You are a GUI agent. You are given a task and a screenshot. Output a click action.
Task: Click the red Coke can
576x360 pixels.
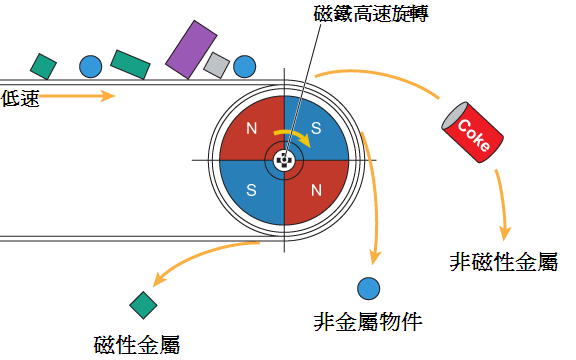[x=472, y=132]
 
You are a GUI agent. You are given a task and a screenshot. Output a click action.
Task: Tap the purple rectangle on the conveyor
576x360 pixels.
[x=191, y=50]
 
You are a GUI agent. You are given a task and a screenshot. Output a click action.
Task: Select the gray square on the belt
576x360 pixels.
[x=216, y=65]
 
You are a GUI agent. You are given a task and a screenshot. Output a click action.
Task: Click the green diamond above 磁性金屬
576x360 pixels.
[x=143, y=305]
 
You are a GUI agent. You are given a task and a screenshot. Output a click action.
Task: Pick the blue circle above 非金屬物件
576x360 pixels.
[x=368, y=288]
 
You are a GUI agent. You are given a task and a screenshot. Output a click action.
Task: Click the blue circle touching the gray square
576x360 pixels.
[x=245, y=66]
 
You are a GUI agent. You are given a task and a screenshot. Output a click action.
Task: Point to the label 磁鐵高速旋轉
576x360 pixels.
[x=371, y=14]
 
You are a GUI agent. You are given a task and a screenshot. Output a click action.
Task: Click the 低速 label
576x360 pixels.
[x=20, y=98]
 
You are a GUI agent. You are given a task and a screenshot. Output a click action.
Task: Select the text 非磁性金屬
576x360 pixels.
[x=504, y=262]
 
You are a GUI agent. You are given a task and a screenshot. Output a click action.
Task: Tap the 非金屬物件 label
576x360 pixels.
[x=368, y=322]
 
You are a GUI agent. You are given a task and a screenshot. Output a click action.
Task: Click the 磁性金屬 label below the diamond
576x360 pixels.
[x=137, y=345]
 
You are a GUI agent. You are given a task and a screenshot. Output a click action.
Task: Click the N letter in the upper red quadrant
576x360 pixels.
[x=252, y=128]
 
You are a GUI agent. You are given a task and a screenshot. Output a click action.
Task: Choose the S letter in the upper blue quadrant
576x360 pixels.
[x=316, y=128]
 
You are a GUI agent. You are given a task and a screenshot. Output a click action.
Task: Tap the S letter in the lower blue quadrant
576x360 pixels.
[x=251, y=190]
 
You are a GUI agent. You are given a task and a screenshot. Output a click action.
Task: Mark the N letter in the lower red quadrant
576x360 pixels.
[x=316, y=190]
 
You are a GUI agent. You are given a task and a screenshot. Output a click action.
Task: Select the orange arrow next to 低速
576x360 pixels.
[x=77, y=96]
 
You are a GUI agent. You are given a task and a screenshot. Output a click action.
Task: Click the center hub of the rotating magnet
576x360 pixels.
[x=284, y=161]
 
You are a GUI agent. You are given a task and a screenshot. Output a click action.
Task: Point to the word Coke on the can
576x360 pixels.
[x=474, y=135]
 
